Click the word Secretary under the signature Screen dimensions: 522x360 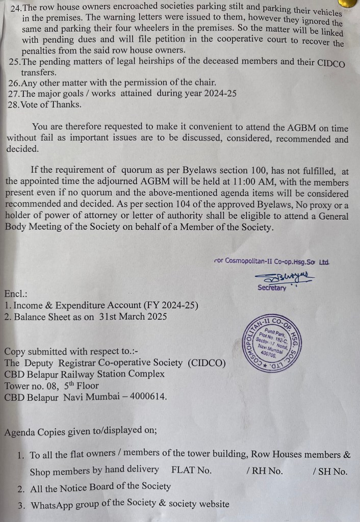click(272, 288)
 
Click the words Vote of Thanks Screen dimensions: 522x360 click(51, 105)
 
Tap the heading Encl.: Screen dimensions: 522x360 click(16, 294)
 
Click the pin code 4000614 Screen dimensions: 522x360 click(149, 396)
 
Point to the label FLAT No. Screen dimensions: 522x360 click(191, 471)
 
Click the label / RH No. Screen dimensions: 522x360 click(267, 471)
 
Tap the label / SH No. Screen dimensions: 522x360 click(330, 471)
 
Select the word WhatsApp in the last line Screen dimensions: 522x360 click(53, 505)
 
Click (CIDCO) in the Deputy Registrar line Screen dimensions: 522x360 click(206, 362)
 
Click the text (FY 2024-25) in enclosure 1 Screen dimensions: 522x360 click(171, 305)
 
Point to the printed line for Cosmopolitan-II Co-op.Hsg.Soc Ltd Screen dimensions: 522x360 click(272, 262)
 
